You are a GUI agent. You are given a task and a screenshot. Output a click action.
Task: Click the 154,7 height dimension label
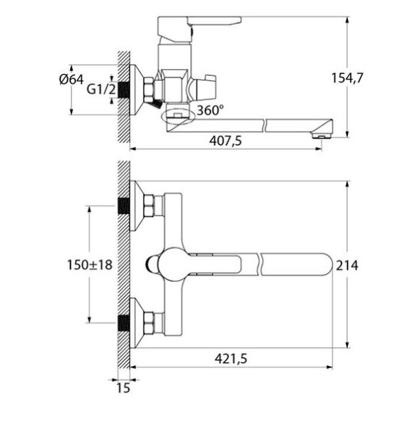click(x=347, y=78)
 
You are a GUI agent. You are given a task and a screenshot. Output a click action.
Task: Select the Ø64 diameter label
click(x=72, y=80)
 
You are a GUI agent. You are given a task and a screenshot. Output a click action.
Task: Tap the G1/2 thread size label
click(x=101, y=90)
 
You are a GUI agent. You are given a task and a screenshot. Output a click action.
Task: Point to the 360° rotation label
click(x=210, y=110)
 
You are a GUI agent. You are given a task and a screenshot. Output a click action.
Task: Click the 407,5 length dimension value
click(x=226, y=141)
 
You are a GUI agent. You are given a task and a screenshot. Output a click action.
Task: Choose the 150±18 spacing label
click(x=90, y=265)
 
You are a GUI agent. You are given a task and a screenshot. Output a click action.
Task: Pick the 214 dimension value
click(x=347, y=265)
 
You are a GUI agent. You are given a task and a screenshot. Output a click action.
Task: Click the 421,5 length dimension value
click(x=231, y=359)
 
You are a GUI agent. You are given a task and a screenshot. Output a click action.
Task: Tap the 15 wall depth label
click(x=123, y=388)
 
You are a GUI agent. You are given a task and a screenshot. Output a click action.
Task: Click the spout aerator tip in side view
click(x=321, y=135)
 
